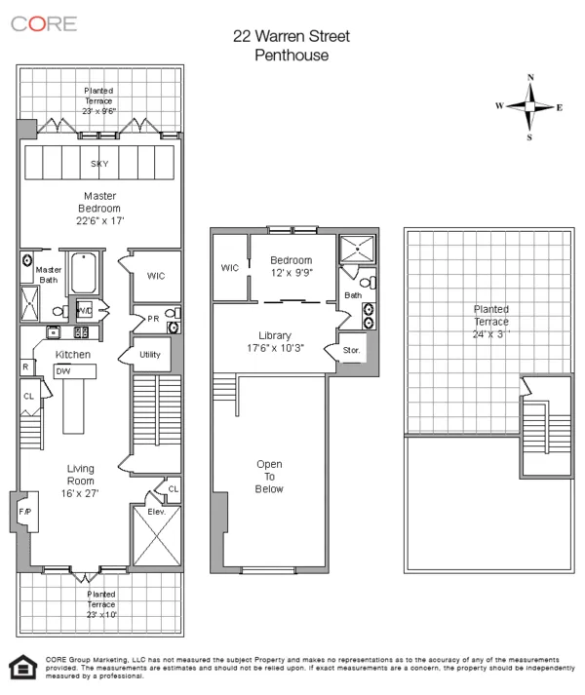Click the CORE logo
click(44, 24)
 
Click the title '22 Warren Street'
click(291, 37)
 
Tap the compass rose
click(530, 107)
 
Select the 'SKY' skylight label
click(99, 164)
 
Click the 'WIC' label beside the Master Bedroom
click(156, 276)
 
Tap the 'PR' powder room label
click(153, 318)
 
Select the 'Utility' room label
click(150, 355)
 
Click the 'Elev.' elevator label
click(156, 511)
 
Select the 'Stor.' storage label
click(350, 349)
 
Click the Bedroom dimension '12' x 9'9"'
click(291, 273)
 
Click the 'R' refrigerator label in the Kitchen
click(24, 367)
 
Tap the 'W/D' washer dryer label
click(85, 311)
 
